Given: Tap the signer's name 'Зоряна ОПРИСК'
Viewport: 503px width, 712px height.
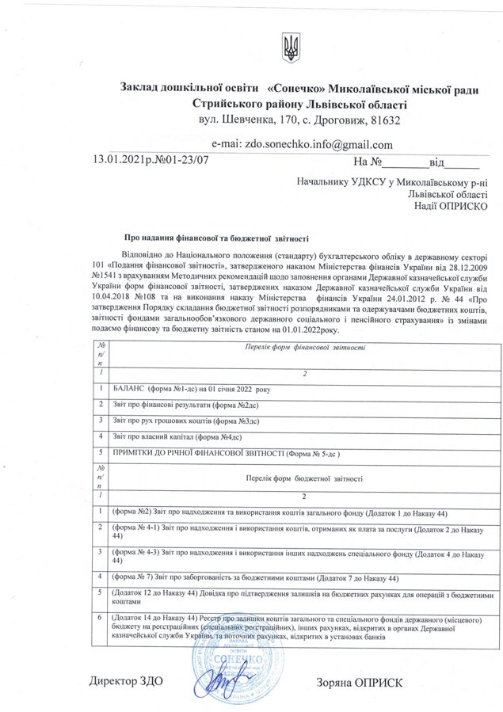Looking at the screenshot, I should click(x=359, y=682).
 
